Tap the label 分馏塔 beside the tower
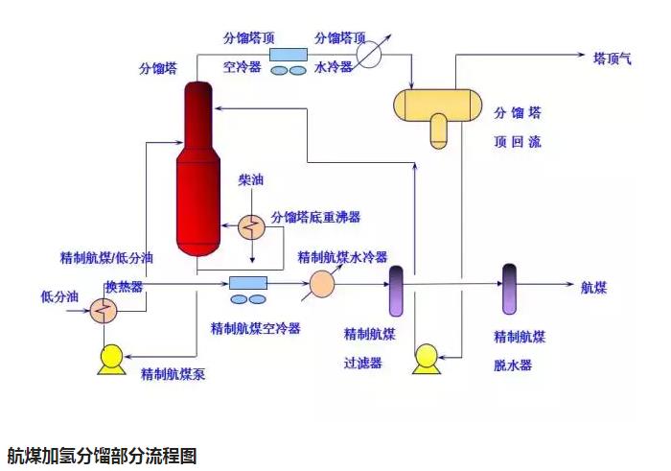click(158, 70)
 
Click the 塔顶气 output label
click(613, 58)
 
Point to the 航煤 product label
click(594, 286)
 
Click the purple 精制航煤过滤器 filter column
click(396, 291)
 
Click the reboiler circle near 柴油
click(253, 225)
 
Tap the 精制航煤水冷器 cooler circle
click(321, 284)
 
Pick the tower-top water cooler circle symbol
click(369, 55)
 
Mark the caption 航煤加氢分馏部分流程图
click(101, 455)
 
